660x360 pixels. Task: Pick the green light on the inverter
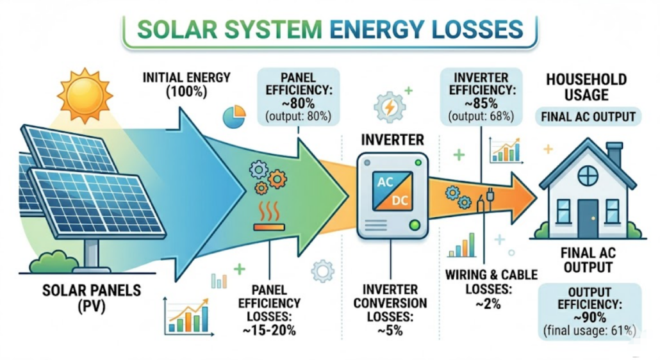417,224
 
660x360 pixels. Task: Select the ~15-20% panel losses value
268,331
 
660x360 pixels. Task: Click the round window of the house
587,175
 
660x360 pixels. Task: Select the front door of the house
588,217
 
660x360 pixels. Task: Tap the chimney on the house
614,153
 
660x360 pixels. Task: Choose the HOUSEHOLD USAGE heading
586,87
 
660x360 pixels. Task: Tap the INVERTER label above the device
391,139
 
